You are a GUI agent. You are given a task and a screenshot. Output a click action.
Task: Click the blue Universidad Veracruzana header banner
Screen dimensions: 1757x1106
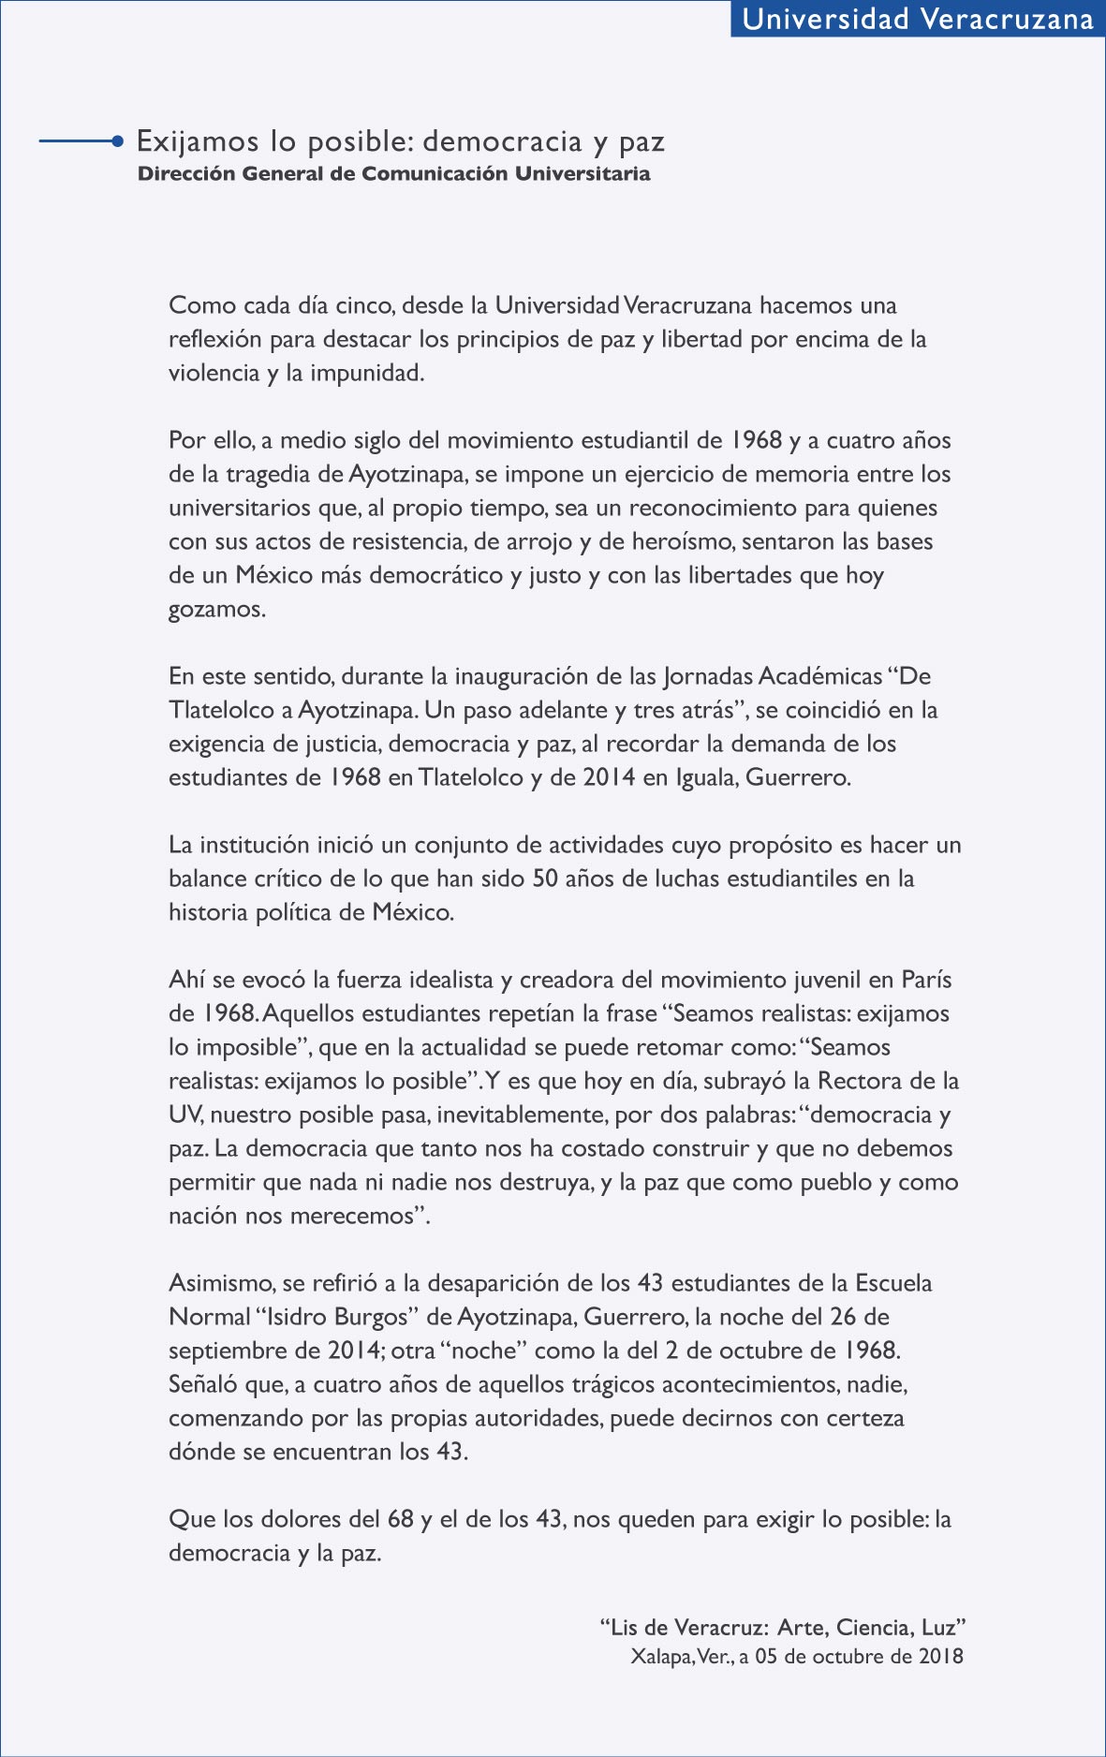click(x=918, y=19)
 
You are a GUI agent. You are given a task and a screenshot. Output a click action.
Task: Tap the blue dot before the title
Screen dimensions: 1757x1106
click(x=117, y=141)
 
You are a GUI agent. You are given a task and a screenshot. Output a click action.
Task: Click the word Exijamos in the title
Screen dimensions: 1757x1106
click(x=198, y=141)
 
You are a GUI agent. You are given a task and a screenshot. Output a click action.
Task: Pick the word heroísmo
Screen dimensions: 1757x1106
click(x=686, y=541)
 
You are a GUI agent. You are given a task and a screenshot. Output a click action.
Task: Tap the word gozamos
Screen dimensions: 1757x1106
click(x=215, y=609)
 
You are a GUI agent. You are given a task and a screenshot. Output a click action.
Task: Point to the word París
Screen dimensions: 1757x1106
click(x=926, y=980)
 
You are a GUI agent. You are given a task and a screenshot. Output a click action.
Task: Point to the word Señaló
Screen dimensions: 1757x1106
click(x=200, y=1384)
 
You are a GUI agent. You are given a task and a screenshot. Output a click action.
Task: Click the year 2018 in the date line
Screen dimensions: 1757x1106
click(x=940, y=1656)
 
